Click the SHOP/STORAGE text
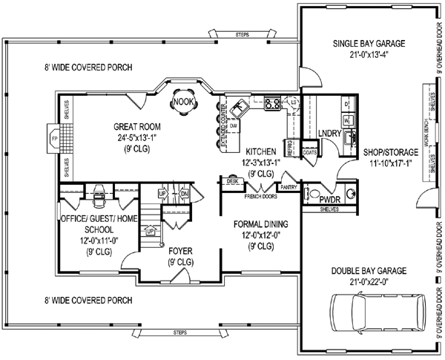(390, 151)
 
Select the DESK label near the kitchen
(231, 181)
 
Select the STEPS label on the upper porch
(242, 34)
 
